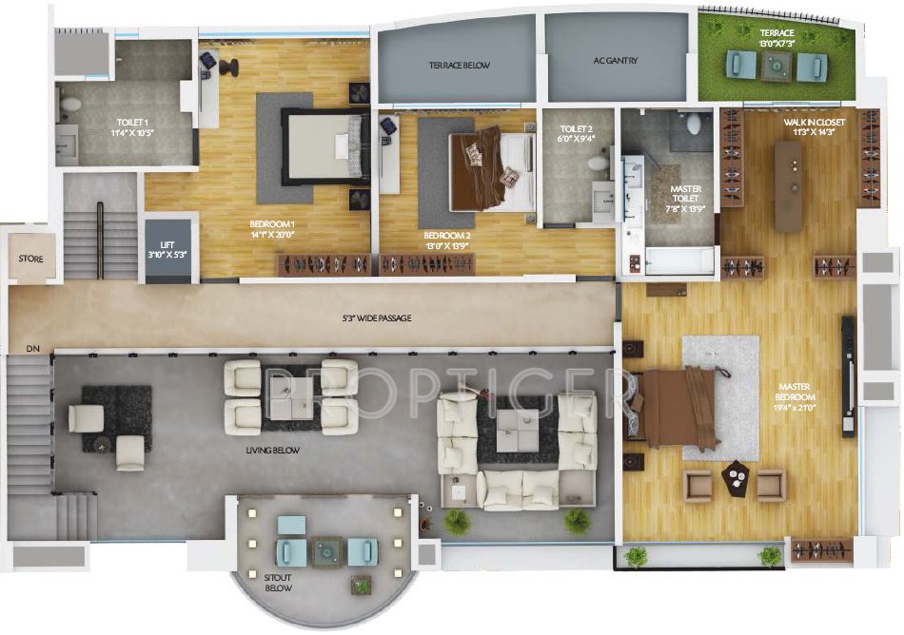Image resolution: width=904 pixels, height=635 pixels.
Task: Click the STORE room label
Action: click(31, 259)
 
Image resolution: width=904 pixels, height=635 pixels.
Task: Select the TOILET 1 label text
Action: click(131, 127)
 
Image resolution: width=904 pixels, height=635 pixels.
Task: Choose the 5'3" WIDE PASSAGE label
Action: click(378, 318)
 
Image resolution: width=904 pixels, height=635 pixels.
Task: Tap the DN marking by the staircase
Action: click(33, 349)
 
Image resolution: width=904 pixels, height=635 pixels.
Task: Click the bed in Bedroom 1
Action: click(324, 147)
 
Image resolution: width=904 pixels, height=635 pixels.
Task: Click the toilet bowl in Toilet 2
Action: click(599, 164)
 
